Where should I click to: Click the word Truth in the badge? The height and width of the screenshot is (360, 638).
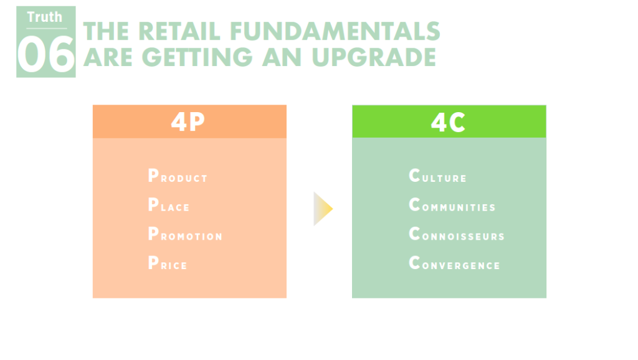[x=44, y=17]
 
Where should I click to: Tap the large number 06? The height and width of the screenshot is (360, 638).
[x=46, y=54]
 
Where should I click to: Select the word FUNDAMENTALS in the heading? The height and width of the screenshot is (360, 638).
[x=335, y=31]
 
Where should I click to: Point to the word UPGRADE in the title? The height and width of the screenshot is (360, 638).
[x=374, y=57]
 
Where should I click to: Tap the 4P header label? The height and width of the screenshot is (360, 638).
[x=188, y=121]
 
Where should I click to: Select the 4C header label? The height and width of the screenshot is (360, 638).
[x=448, y=122]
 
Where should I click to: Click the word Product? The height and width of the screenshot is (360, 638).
[x=178, y=176]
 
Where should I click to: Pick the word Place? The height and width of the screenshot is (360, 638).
[x=169, y=205]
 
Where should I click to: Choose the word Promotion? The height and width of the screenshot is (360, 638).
[x=185, y=234]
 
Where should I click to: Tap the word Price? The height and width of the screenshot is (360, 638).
[x=168, y=263]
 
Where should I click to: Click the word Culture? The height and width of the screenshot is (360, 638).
[x=437, y=176]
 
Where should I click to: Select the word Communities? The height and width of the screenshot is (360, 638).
[x=452, y=205]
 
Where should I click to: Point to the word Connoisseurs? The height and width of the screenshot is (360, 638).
[x=457, y=234]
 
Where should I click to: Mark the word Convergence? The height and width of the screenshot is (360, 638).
[x=454, y=263]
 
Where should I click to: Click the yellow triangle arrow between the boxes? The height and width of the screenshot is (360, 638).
[x=323, y=209]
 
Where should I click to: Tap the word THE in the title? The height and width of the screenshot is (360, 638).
[x=106, y=31]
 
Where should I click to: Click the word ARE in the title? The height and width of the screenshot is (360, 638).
[x=108, y=57]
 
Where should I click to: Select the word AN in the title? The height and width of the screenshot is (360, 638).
[x=282, y=57]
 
